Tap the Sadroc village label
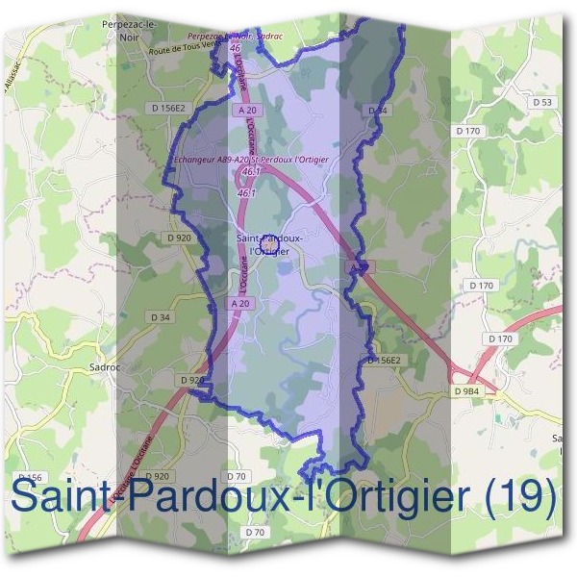(x=104, y=366)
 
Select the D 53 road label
(x=543, y=102)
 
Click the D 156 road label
(x=30, y=478)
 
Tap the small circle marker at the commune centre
(x=270, y=247)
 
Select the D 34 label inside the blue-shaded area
(x=379, y=112)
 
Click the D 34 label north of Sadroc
(x=161, y=316)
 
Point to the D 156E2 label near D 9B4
(x=383, y=360)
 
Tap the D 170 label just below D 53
(x=467, y=130)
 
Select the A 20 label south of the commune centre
(x=240, y=304)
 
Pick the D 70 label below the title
(x=254, y=532)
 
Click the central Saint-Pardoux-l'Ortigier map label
(x=270, y=243)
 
